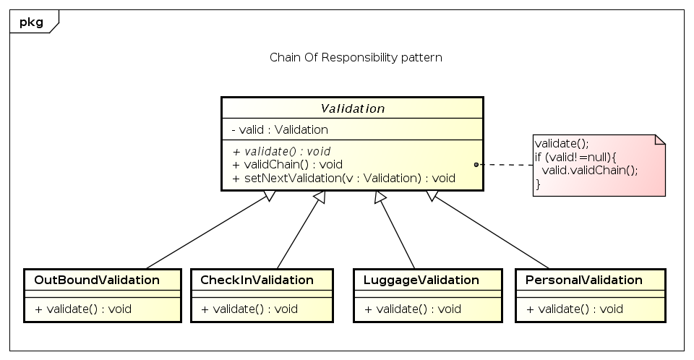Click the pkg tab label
click(x=31, y=22)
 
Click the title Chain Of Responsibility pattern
click(x=355, y=58)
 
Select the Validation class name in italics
click(x=352, y=108)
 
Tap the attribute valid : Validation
click(x=280, y=130)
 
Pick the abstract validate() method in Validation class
click(x=281, y=151)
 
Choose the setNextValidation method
click(x=343, y=177)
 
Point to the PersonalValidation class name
click(x=584, y=280)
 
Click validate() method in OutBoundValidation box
click(x=83, y=309)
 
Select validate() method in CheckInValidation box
click(x=249, y=309)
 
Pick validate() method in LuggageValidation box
click(x=413, y=309)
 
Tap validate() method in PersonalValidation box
click(x=575, y=309)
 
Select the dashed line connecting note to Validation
click(x=506, y=165)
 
